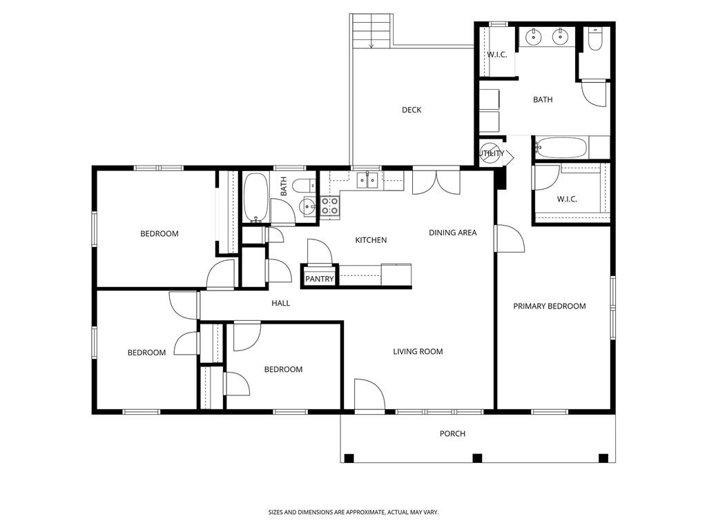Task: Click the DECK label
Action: point(411,110)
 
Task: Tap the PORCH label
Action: point(452,433)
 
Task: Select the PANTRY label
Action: point(320,279)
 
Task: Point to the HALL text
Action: point(280,303)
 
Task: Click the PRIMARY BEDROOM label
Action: point(549,306)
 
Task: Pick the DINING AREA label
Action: point(452,233)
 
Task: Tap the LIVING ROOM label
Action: point(418,351)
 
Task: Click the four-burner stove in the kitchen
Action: point(330,205)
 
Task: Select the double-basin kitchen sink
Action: point(367,181)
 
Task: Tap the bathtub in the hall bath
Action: point(255,198)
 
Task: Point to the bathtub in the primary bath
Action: point(561,148)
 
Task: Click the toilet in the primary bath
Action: point(594,39)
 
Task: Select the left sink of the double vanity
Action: point(533,36)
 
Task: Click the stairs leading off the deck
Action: point(372,31)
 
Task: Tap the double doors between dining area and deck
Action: point(436,182)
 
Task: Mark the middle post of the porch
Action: point(476,458)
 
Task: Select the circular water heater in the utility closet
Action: point(490,153)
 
